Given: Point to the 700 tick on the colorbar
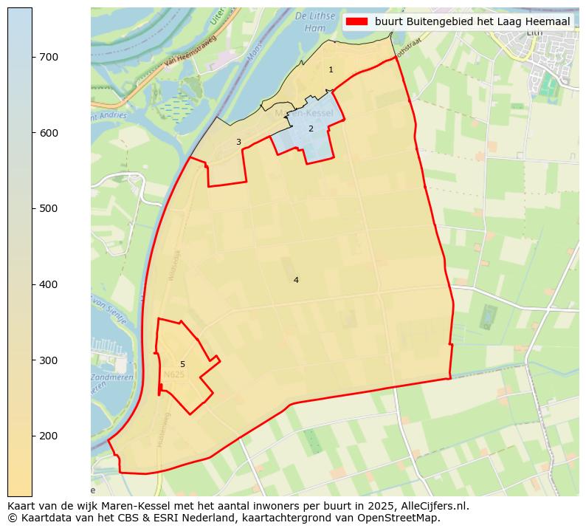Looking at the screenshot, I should point(32,57).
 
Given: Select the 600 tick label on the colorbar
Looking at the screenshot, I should point(48,133).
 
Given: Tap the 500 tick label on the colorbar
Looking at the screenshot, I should point(48,208).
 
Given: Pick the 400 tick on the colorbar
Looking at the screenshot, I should point(32,284).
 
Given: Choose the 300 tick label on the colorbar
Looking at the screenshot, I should point(48,360).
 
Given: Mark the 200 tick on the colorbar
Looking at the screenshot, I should point(32,436).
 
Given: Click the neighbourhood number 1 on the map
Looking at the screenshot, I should point(331,69).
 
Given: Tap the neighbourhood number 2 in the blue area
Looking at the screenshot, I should point(311,129).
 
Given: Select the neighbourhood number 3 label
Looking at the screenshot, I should point(238,142).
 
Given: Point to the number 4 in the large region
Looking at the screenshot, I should point(296,280).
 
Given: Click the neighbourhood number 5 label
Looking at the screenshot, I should point(182,364).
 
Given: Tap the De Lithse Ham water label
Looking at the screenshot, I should point(310,21).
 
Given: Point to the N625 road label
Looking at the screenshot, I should point(174,375).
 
